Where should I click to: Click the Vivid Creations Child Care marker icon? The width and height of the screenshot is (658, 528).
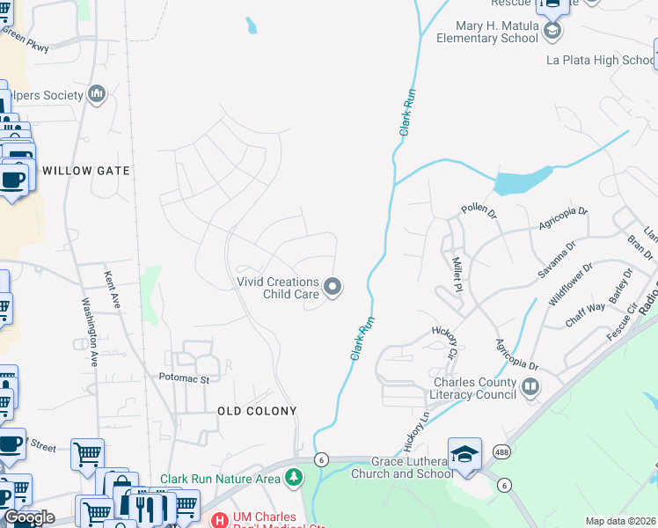coord(333,286)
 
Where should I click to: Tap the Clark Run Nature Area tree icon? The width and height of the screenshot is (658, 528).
coord(294,478)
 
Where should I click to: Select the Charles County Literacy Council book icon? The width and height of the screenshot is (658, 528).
coord(530,387)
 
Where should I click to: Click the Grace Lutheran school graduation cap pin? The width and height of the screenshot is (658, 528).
coord(464,454)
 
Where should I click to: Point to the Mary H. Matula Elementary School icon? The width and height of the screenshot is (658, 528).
coord(552,33)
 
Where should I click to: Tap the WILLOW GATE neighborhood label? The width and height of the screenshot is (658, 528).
coord(86,171)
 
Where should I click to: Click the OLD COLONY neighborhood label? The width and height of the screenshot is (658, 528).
coord(257,411)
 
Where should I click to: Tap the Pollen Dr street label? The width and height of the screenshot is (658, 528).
coord(479,211)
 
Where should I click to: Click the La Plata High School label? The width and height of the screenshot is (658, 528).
coord(601,61)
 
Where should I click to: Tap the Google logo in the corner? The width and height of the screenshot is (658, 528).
coord(29,517)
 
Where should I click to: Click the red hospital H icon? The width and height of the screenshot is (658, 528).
coord(217,520)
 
